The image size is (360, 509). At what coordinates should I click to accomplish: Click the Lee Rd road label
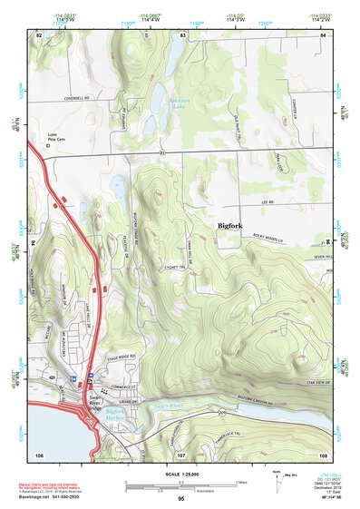(267, 202)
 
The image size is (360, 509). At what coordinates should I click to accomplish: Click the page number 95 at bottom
(181, 499)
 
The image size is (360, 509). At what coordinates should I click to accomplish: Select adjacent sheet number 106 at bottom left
(39, 454)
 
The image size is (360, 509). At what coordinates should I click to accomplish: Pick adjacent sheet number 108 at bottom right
(323, 454)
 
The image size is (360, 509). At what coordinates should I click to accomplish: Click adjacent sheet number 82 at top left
(38, 34)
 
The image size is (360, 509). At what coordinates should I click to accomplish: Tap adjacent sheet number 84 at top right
(323, 34)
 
